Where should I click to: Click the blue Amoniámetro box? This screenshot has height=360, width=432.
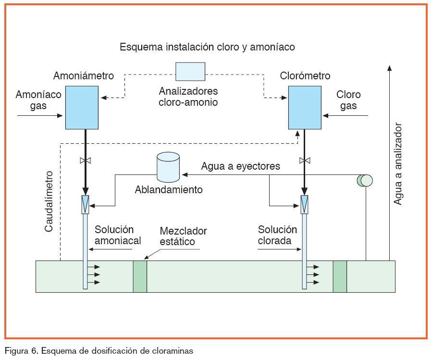82,107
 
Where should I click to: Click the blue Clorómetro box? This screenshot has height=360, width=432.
304,107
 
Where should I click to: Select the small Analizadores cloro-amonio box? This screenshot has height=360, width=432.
190,71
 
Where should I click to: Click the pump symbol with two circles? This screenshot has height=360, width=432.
365,180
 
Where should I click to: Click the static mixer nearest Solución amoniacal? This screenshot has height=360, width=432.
140,276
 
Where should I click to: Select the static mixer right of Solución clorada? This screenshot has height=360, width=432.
340,276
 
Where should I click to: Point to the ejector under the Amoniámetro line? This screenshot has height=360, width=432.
86,206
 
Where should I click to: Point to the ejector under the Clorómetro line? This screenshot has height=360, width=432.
304,206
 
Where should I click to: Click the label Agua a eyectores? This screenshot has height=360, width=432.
240,166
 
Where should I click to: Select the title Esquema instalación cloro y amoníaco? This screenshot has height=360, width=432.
207,47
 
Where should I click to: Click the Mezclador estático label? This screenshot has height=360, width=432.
177,236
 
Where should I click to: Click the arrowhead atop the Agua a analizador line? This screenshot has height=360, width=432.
389,67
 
